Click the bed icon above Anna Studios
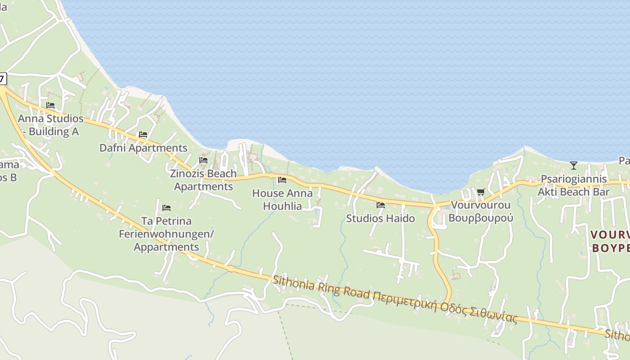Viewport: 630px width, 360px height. [x=50, y=105]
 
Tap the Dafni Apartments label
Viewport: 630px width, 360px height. [x=143, y=148]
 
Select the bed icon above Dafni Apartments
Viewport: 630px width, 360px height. [x=143, y=135]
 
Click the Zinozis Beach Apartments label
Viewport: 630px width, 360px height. [x=203, y=180]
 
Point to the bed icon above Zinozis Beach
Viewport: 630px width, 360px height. [x=203, y=160]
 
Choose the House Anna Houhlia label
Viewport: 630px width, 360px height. [x=282, y=199]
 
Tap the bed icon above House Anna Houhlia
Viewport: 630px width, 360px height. [x=282, y=180]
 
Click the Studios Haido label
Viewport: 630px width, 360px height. [x=380, y=218]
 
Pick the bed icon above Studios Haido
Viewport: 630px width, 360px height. [x=381, y=205]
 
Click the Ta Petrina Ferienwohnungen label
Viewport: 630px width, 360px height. [x=166, y=234]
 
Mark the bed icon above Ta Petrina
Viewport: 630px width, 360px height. [x=166, y=208]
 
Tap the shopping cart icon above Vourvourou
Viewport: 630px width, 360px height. [x=481, y=192]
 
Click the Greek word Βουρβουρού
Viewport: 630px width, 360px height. [x=481, y=218]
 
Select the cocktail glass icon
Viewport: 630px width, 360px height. [x=573, y=166]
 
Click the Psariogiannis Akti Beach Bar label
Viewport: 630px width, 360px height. [x=574, y=185]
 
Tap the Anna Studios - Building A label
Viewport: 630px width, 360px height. [x=50, y=125]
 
